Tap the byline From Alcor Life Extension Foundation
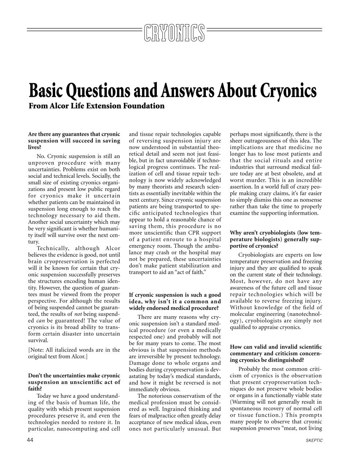point(96,106)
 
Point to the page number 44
point(30,440)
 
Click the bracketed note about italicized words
point(74,353)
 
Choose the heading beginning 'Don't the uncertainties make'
point(74,382)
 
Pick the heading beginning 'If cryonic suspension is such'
point(175,301)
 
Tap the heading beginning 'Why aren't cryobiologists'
point(276,239)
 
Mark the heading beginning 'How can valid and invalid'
point(276,354)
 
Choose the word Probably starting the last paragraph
point(251,369)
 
